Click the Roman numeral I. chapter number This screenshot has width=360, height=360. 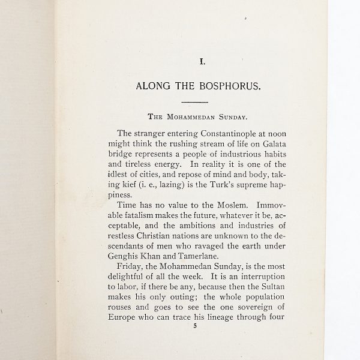pyautogui.click(x=202, y=61)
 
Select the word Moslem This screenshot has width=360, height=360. pyautogui.click(x=228, y=205)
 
